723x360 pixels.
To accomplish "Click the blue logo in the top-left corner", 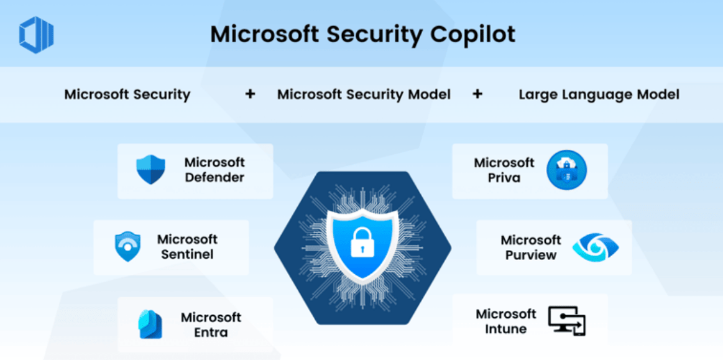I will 36,34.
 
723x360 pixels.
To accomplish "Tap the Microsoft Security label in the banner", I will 127,95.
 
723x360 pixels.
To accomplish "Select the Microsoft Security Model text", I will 364,95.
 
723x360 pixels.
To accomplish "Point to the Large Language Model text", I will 599,95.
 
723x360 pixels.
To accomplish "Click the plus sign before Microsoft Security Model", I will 250,95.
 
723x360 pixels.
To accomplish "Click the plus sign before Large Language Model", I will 477,95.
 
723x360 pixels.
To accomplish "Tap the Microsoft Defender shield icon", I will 150,170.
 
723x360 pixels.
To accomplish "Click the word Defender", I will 214,177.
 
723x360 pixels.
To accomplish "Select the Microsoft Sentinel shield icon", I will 127,246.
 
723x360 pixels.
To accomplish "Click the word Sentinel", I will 187,254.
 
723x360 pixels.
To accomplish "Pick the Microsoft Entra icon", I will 150,324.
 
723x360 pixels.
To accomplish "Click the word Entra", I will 211,332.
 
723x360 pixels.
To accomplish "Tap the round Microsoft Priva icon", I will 566,170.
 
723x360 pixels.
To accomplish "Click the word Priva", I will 504,178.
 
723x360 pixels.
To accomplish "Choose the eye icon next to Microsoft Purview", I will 595,247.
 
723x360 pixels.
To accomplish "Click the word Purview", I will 531,255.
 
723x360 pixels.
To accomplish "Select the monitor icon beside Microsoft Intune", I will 566,321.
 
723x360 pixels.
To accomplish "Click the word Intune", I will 505,329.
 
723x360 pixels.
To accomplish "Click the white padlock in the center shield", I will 361,242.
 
